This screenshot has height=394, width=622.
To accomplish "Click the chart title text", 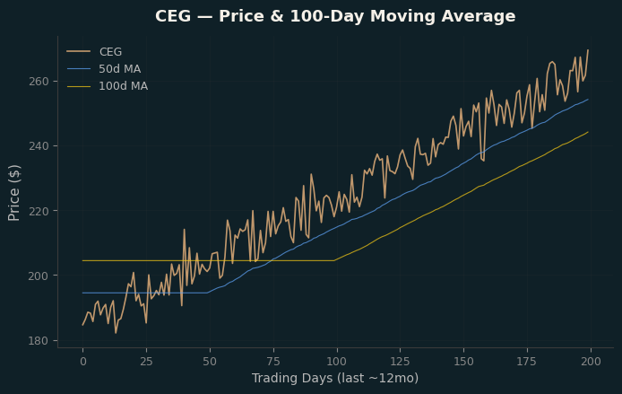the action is pos(335,16).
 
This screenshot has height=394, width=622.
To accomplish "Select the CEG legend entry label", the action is pos(110,52).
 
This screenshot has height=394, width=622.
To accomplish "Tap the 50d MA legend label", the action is pos(120,69).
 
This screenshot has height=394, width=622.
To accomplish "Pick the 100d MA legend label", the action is pos(124,86).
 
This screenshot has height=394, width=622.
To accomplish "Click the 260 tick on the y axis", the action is pos(39,82).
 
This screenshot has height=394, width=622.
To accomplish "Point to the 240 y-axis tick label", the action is pos(39,146).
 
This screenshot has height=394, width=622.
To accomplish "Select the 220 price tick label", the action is pos(39,211).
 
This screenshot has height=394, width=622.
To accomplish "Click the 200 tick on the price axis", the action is pos(39,276).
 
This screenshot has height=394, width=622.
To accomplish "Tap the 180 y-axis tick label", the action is pos(39,341).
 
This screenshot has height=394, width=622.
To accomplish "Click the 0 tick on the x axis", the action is pos(83,362).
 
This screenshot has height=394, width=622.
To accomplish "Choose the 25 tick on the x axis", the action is pos(146,362).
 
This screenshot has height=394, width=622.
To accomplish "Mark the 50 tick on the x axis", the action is pos(210,362).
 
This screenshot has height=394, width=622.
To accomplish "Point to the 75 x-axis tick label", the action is pos(273,362).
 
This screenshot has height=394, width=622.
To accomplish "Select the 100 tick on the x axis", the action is pos(337,362).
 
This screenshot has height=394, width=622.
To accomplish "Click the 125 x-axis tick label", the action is pos(401,362).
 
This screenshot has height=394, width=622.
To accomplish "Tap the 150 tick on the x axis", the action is pos(463,362).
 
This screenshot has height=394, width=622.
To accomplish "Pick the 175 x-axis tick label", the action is pos(527,362).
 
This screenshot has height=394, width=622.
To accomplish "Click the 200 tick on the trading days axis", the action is pos(591,362).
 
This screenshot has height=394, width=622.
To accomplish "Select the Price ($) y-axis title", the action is pos(13,193).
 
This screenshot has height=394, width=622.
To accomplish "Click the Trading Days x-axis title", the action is pos(335,378).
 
